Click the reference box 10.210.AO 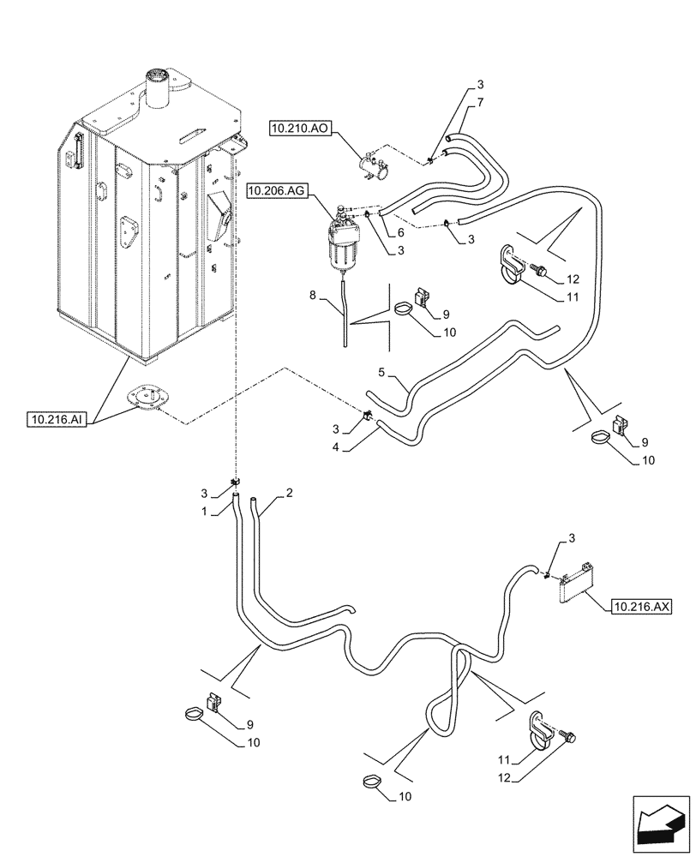[297, 129]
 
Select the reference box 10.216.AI [55, 419]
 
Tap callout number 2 [290, 494]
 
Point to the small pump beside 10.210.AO [375, 165]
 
